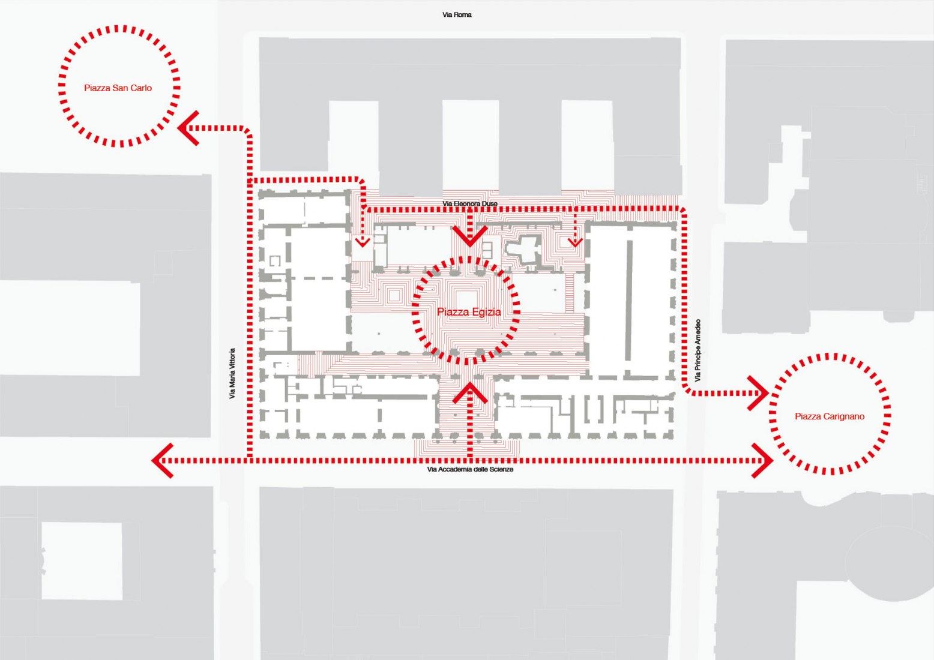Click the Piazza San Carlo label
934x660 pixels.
(118, 88)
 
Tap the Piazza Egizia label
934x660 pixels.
(469, 312)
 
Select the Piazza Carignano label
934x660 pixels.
(830, 416)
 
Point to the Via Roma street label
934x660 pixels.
(457, 14)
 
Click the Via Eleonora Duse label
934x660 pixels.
(470, 204)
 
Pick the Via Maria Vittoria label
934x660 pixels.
(232, 374)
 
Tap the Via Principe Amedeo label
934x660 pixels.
(697, 350)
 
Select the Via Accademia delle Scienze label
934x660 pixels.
(470, 469)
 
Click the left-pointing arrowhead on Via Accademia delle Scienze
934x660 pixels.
(162, 461)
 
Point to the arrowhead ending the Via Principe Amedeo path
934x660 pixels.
(759, 394)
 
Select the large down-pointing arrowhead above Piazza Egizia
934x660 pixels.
(469, 236)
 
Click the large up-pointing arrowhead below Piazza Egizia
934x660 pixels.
(469, 392)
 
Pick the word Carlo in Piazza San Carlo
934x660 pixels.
(141, 88)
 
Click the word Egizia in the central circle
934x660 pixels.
(486, 312)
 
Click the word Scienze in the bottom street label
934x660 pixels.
(502, 469)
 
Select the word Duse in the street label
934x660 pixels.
(489, 204)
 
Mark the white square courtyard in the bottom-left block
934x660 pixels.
(82, 561)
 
